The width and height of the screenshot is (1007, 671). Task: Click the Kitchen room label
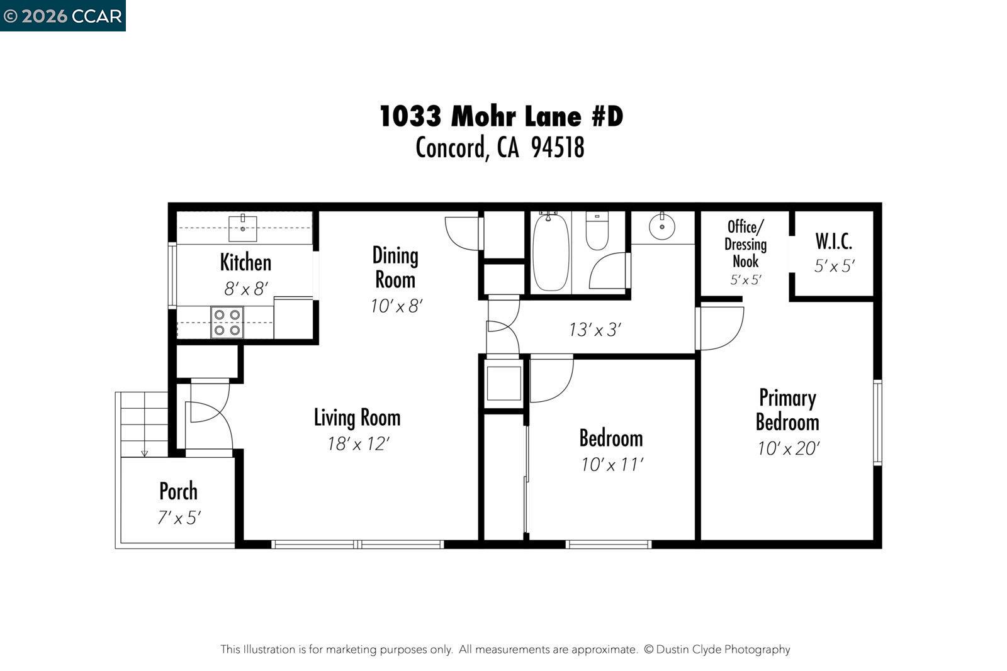[245, 262]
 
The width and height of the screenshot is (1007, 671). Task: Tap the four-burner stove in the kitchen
[227, 322]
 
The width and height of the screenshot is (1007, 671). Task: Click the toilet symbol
[597, 231]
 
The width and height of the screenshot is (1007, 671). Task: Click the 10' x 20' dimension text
[788, 448]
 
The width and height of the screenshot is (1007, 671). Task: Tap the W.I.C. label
[834, 241]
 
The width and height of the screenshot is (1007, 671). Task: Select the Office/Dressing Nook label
[745, 244]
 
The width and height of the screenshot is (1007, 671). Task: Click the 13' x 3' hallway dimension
[595, 330]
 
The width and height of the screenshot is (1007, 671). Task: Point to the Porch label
[178, 491]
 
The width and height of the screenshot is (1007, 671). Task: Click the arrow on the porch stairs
[144, 452]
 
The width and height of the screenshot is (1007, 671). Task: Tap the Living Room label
[357, 418]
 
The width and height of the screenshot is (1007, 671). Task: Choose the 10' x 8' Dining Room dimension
[396, 306]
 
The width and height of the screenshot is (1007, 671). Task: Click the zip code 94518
[558, 148]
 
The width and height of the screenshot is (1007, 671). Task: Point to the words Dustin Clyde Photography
[723, 650]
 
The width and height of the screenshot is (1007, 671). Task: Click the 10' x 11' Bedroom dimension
[612, 465]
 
